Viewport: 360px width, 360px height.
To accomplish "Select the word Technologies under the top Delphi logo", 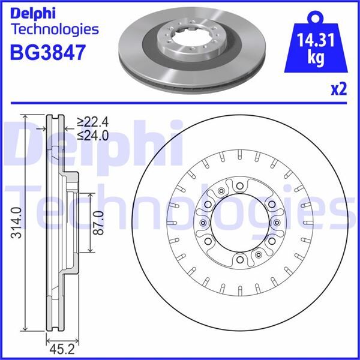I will tap(55, 28).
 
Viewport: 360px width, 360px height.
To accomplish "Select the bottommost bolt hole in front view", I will tap(239, 260).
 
